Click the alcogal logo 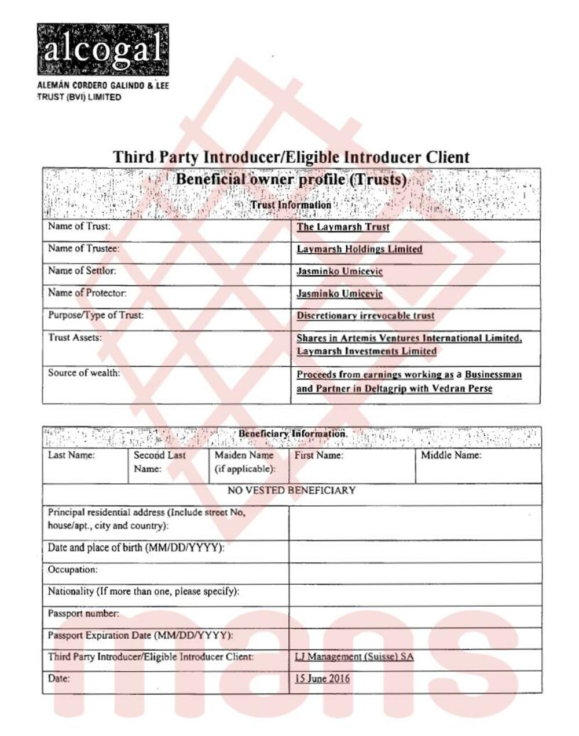102,50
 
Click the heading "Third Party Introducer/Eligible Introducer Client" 291,157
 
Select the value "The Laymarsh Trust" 343,227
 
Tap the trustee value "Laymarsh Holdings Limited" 359,249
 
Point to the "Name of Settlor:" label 82,271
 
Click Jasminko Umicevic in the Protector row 339,294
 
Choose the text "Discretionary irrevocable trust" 365,316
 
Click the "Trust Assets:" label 75,338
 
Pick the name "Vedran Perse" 461,388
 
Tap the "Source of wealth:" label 84,373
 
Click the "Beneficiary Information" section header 292,434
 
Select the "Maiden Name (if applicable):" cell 245,462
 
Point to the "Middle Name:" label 450,456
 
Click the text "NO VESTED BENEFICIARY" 291,491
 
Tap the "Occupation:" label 72,570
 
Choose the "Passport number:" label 83,613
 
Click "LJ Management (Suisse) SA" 354,657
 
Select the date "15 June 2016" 322,679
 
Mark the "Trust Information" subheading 291,205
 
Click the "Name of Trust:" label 79,227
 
